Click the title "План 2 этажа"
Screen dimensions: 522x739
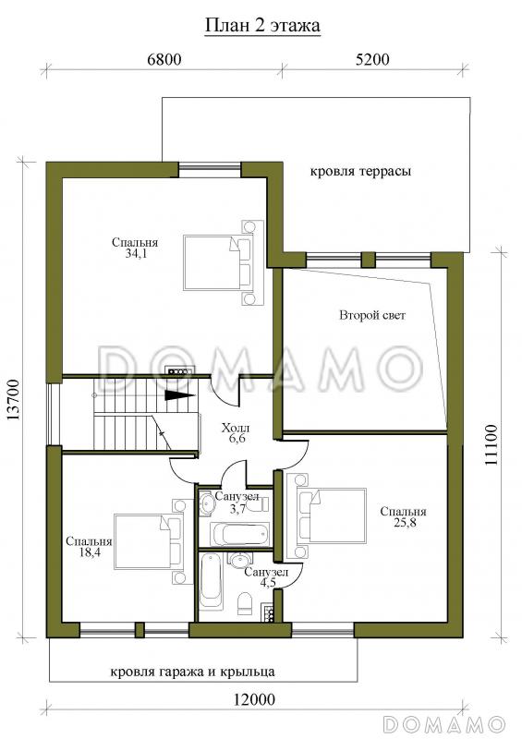pyautogui.click(x=262, y=25)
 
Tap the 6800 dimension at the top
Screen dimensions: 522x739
pyautogui.click(x=164, y=59)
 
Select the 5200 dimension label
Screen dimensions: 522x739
pyautogui.click(x=372, y=59)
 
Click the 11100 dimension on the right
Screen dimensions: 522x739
pyautogui.click(x=491, y=445)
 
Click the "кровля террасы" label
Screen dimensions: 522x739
pyautogui.click(x=360, y=171)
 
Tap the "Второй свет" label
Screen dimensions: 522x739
pyautogui.click(x=372, y=315)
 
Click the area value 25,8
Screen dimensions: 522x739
pyautogui.click(x=403, y=522)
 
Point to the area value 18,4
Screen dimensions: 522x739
pyautogui.click(x=89, y=551)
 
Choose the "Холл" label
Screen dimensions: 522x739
pyautogui.click(x=236, y=429)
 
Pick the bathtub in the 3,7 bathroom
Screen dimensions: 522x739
pyautogui.click(x=241, y=534)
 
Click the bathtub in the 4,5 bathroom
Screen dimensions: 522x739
pyautogui.click(x=211, y=581)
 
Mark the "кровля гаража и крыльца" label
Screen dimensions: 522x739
pyautogui.click(x=192, y=672)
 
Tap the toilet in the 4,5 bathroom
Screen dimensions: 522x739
pyautogui.click(x=245, y=603)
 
